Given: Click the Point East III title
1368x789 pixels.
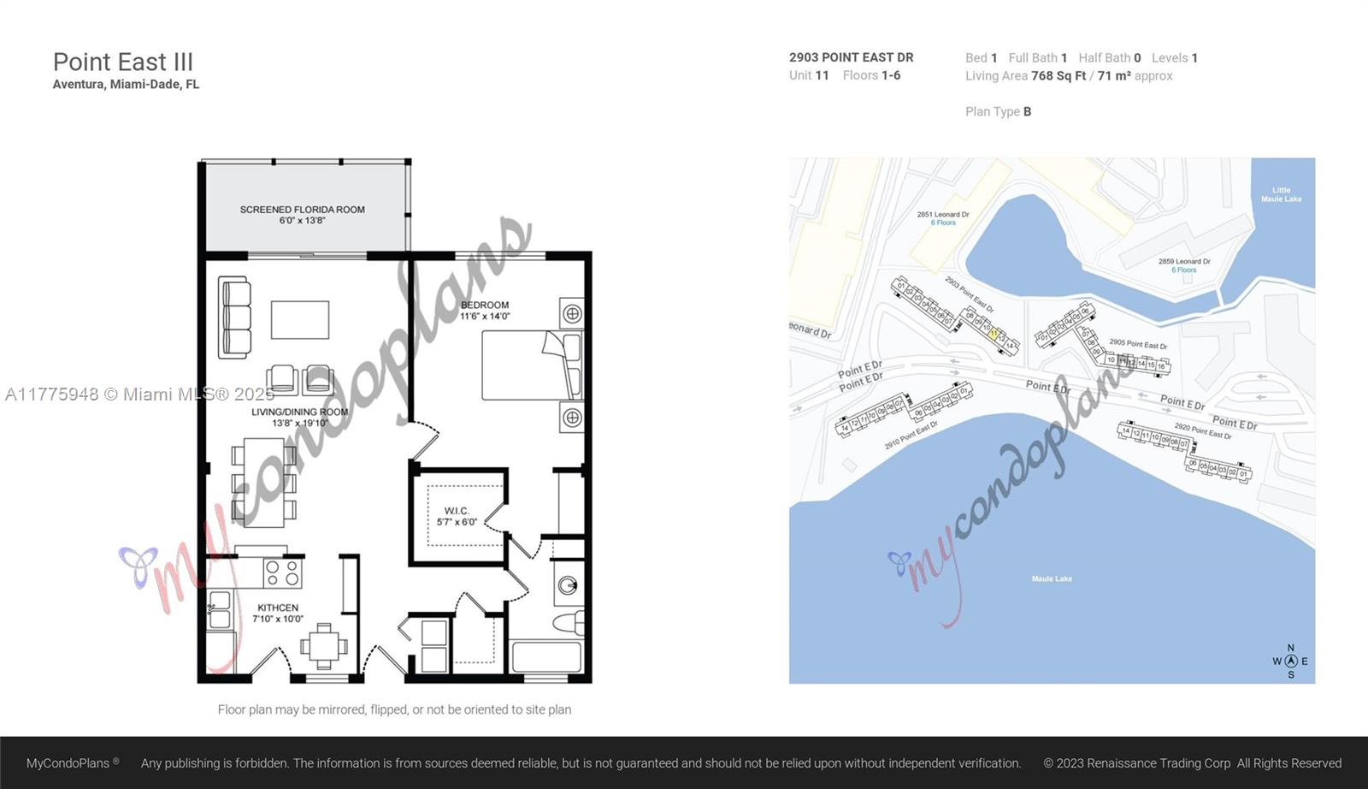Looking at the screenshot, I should click(x=123, y=62).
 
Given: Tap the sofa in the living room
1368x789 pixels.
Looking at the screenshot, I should click(x=234, y=317).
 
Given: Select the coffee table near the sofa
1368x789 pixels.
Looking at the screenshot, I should click(x=300, y=320).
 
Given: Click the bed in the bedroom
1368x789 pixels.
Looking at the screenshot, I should click(x=531, y=365).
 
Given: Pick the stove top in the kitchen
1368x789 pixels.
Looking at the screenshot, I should click(x=282, y=572).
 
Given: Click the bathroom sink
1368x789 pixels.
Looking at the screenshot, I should click(x=568, y=586).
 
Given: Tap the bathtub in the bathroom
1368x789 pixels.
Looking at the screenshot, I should click(x=546, y=657).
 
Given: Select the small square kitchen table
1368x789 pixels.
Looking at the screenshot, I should click(x=322, y=646).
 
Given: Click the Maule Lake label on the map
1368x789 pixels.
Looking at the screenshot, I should click(x=1052, y=579).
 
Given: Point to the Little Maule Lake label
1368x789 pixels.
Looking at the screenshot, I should click(x=1281, y=194).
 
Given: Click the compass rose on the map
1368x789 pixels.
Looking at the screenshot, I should click(x=1290, y=661).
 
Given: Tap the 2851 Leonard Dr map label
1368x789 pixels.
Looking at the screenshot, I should click(x=943, y=215).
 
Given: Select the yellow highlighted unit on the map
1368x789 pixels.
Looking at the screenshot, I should click(x=994, y=334).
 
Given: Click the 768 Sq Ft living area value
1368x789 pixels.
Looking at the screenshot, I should click(x=1058, y=76).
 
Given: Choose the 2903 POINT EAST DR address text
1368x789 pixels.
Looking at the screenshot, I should click(x=851, y=57).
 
